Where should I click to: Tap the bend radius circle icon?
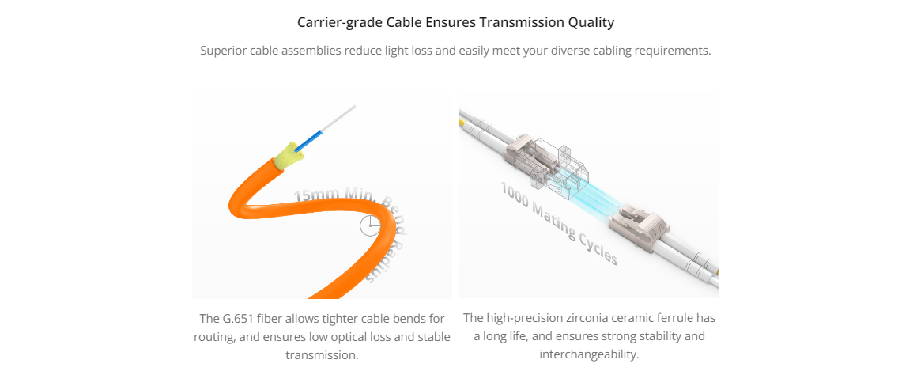point(370,225)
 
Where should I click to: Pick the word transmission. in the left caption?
point(322,355)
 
